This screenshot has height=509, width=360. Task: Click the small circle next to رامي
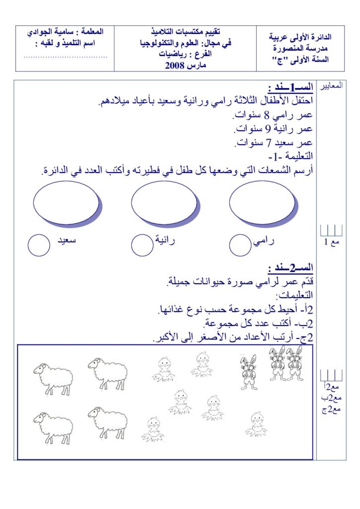point(242,245)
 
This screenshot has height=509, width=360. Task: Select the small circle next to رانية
point(143,245)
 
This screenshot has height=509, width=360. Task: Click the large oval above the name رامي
point(262,202)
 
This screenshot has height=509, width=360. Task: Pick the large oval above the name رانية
point(164,202)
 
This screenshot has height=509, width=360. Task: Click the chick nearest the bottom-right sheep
point(153,429)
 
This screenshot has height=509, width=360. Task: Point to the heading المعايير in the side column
point(332,86)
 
